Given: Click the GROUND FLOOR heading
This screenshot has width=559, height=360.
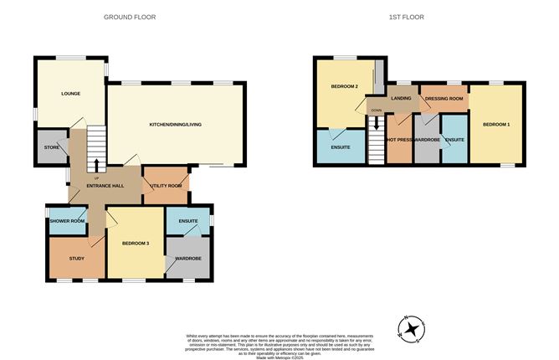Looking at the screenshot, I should tap(130, 17).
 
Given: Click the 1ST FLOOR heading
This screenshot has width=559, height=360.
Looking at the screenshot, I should tap(406, 17).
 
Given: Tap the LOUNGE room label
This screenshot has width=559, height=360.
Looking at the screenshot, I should tap(70, 93).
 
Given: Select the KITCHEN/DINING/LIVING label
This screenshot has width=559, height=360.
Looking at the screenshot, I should tap(176, 124).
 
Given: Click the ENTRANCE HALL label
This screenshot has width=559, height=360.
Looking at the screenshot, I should tap(106, 185).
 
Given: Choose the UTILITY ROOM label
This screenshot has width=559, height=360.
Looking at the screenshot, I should tap(165, 185).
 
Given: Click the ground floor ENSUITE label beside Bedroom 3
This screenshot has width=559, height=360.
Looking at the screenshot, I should tap(187, 221).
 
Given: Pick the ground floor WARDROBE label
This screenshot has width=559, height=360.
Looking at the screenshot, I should tap(187, 259).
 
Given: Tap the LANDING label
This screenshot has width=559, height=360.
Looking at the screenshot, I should tap(402, 99).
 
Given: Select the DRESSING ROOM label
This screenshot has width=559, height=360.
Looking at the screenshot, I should tap(444, 99).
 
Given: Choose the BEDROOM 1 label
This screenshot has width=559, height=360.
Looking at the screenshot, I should tap(497, 125).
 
